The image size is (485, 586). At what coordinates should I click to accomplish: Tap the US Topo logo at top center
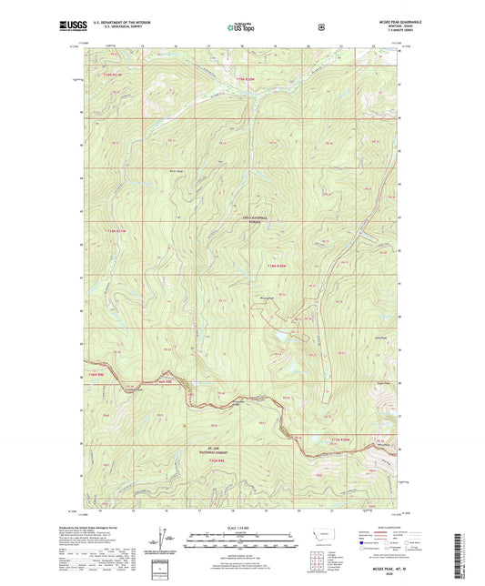click(241, 28)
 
